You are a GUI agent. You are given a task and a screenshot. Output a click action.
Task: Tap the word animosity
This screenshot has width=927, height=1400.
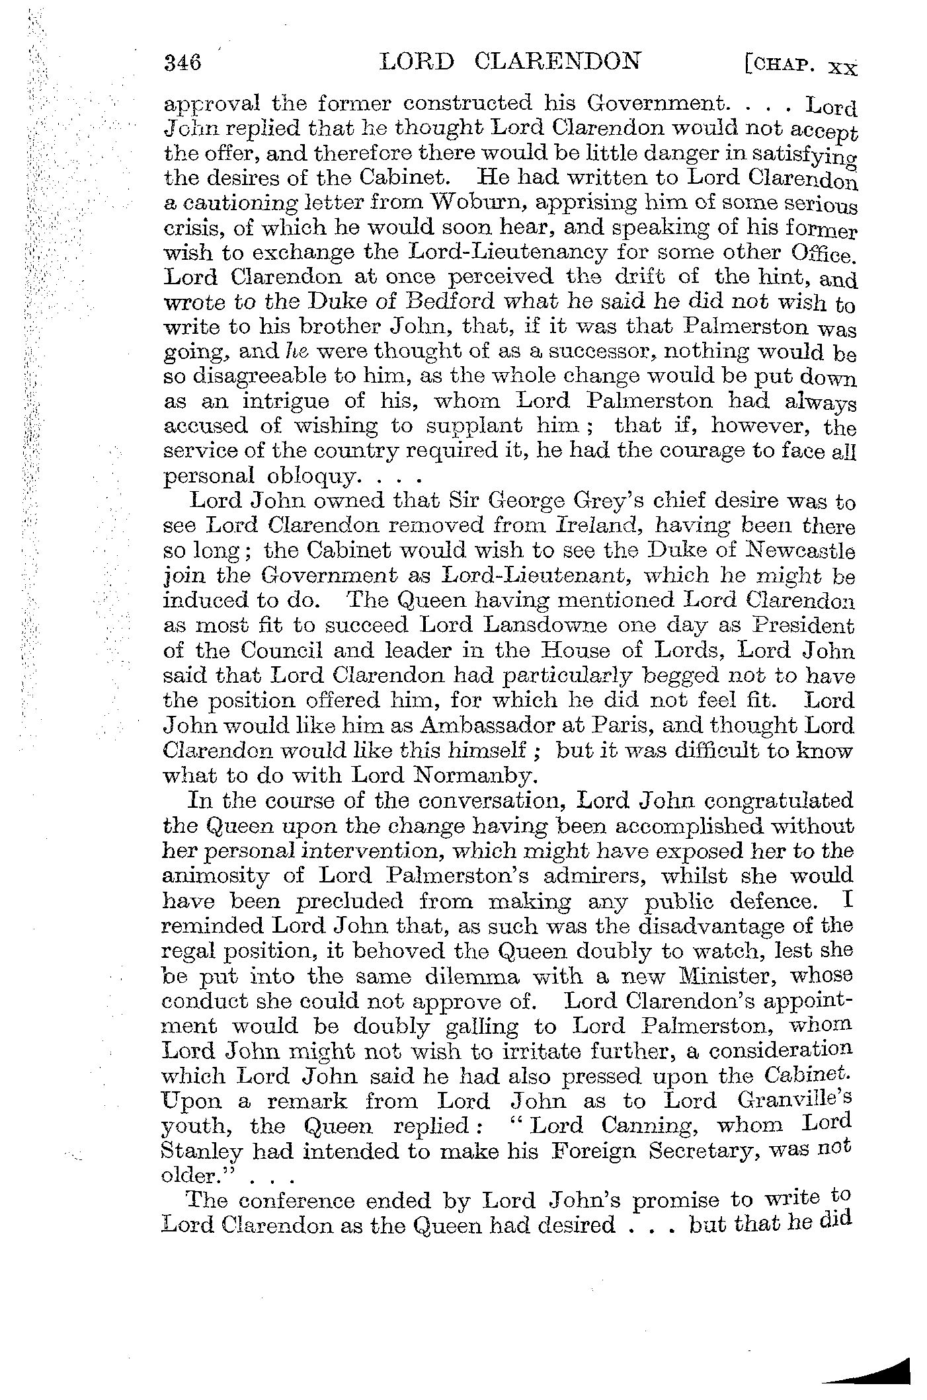[216, 876]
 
